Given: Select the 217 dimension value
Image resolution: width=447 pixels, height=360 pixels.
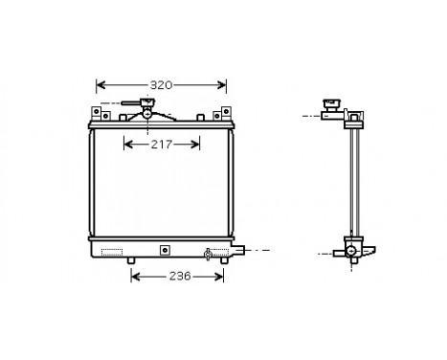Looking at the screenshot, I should click(162, 145).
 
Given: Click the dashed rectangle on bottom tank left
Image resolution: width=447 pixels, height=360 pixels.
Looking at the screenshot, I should click(112, 253).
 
